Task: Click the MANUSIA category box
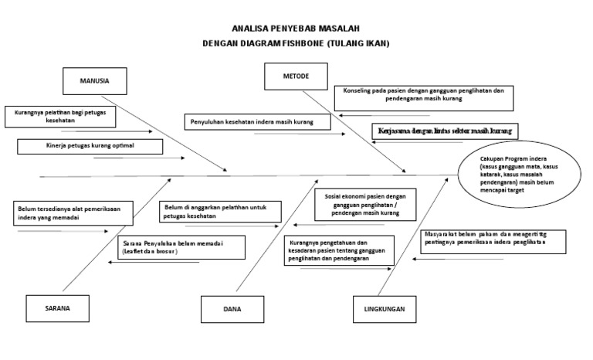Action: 94,80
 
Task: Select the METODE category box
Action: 296,76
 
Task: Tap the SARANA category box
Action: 58,307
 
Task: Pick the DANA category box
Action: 232,309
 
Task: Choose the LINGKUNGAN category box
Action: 385,309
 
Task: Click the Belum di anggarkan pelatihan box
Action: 221,211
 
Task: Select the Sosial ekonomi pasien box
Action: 364,204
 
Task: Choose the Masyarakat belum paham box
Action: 493,241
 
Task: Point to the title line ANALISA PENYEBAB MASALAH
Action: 296,28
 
